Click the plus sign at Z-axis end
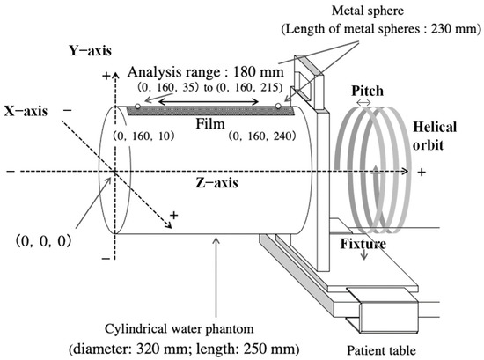click(x=422, y=172)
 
